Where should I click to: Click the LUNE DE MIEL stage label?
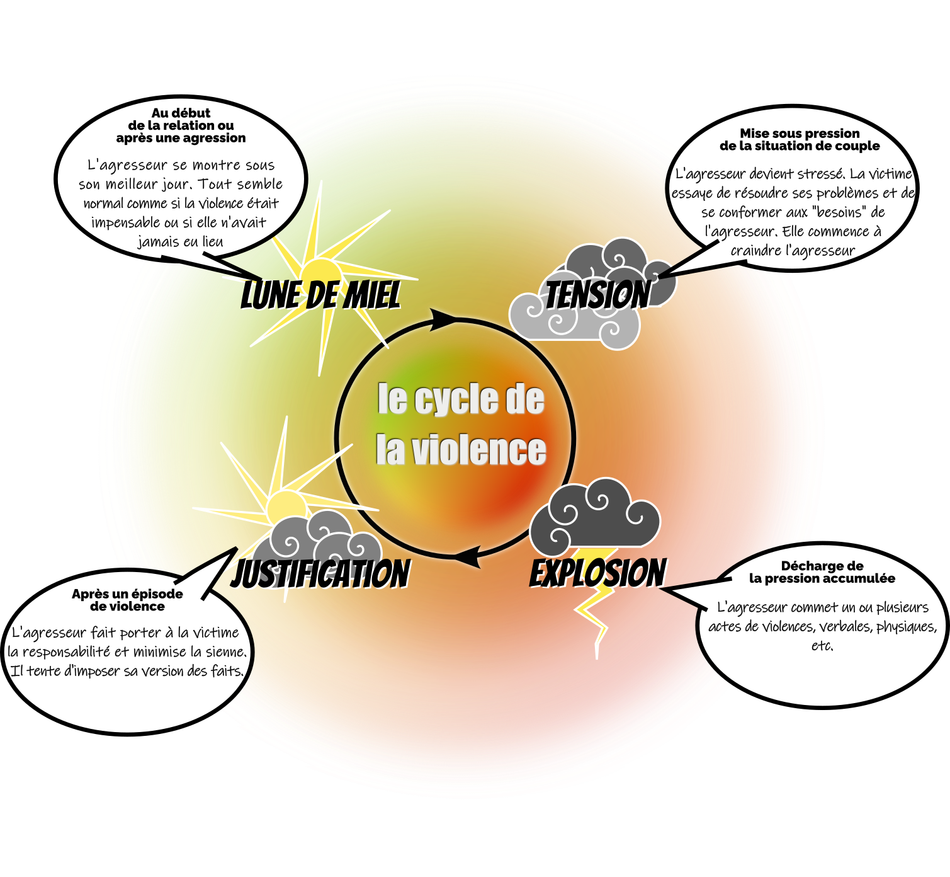320,295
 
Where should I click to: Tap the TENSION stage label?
597,295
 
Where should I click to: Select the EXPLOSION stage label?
597,573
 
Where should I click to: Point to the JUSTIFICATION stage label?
320,574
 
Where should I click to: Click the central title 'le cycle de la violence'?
461,424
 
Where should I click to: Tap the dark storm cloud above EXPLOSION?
594,514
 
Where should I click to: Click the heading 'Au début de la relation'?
181,125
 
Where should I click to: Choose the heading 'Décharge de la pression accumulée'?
822,572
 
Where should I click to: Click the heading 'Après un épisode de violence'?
127,600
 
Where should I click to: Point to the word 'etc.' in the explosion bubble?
822,646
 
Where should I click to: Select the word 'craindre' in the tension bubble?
753,250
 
